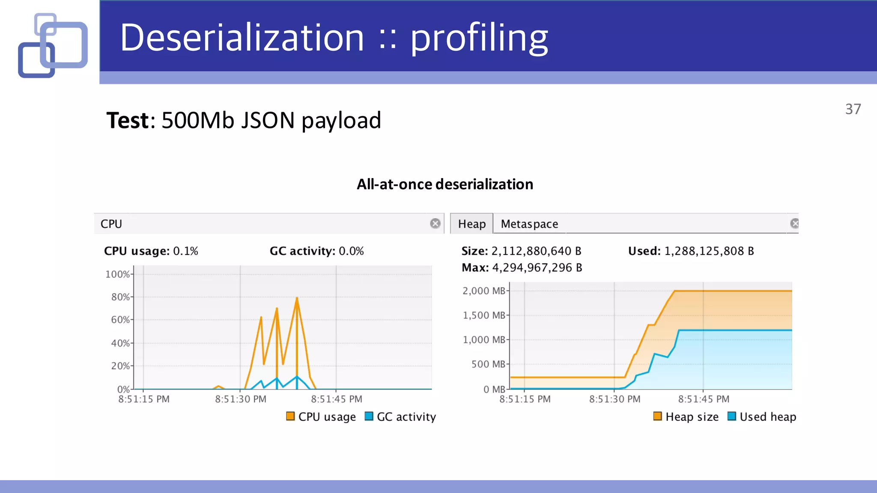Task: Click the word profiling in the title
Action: click(479, 39)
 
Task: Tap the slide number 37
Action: click(853, 109)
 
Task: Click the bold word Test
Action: click(128, 120)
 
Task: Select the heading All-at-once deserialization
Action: click(445, 184)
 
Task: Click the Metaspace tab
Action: click(529, 224)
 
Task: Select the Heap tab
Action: click(471, 224)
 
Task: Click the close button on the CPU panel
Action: click(435, 223)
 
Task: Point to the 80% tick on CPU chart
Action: click(120, 297)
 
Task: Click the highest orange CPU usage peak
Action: click(297, 298)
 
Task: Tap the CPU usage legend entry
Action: click(321, 417)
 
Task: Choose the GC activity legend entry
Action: click(400, 417)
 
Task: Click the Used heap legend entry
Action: click(762, 417)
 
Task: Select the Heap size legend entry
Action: click(686, 417)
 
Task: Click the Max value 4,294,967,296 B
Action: click(537, 268)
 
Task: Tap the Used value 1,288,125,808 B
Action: click(709, 251)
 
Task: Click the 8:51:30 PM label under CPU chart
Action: click(241, 399)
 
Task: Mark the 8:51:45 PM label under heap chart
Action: click(704, 399)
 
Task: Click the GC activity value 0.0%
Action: click(351, 251)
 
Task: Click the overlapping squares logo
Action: click(53, 45)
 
